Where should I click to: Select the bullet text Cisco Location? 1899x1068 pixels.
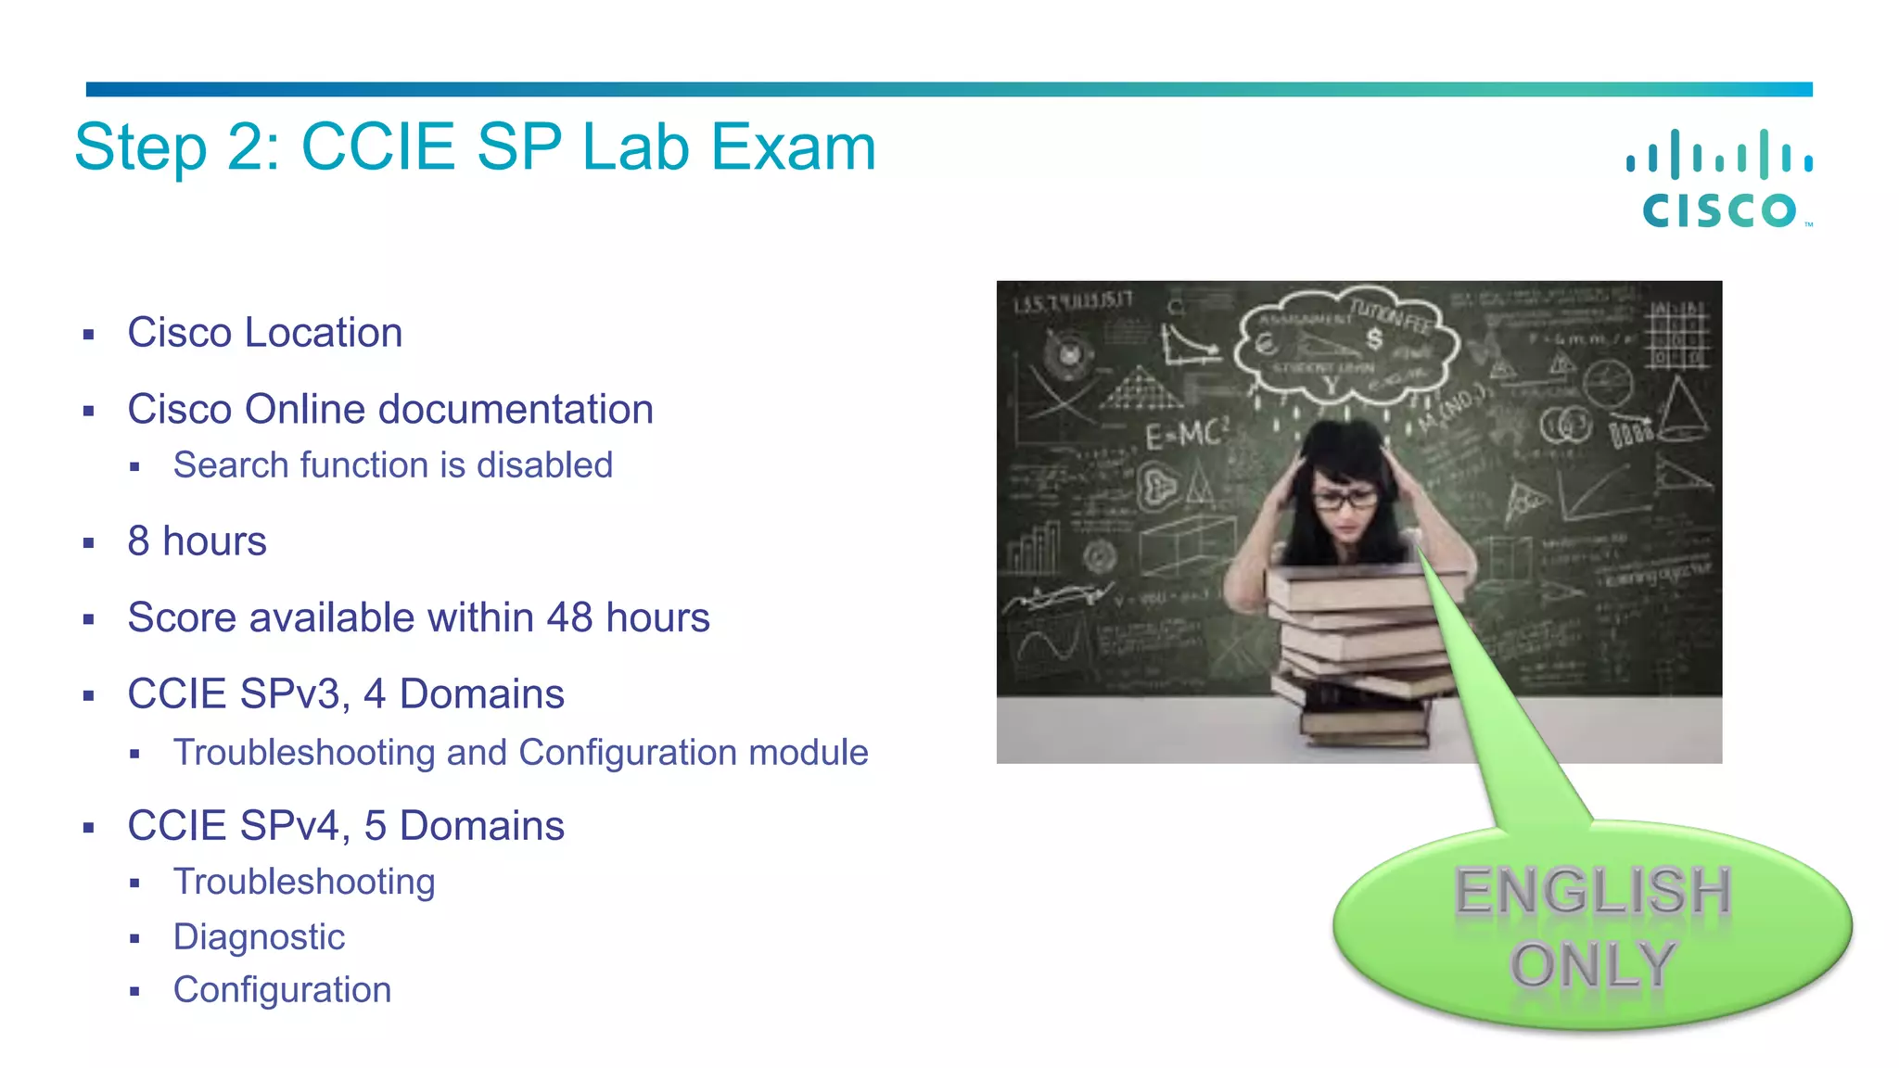(264, 333)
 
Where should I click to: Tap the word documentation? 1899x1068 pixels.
(516, 410)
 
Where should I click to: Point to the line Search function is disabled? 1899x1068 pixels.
(392, 465)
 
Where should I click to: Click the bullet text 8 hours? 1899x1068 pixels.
(197, 541)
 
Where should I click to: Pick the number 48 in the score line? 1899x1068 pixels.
(568, 617)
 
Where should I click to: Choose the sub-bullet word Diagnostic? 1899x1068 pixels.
(259, 937)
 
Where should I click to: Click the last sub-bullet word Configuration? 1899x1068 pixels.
(282, 990)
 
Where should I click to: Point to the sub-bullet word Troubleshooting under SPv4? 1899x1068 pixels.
(303, 883)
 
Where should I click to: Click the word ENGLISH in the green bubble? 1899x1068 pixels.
(1592, 891)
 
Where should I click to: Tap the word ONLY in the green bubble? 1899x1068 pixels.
(1592, 965)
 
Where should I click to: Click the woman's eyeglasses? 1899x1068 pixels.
(1345, 499)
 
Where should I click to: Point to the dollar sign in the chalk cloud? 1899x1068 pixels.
(1374, 339)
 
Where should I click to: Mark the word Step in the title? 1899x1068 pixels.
(140, 147)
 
